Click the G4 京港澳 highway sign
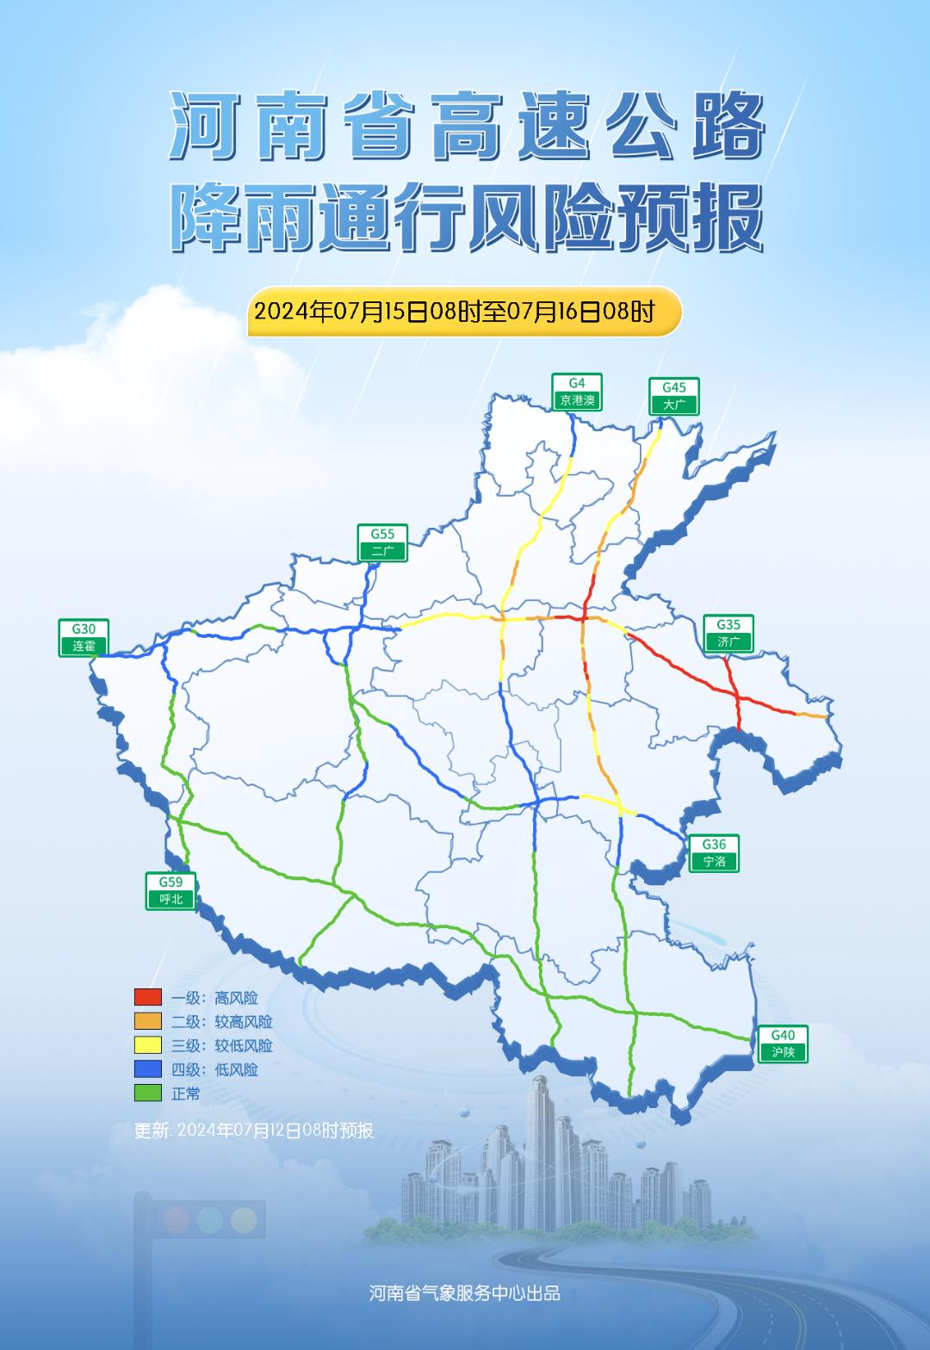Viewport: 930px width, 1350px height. [x=577, y=393]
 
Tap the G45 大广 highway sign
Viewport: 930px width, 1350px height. [x=674, y=397]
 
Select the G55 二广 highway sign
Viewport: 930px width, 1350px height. [x=382, y=543]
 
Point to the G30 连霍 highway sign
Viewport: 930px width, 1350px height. [x=84, y=638]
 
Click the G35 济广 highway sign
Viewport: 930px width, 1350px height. [x=728, y=634]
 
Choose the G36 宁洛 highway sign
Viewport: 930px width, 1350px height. [x=714, y=853]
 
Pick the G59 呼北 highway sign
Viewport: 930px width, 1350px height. [x=170, y=891]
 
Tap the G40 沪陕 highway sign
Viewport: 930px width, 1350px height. [x=783, y=1043]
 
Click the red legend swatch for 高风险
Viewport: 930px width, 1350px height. [x=148, y=997]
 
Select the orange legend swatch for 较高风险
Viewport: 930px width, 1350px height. [x=148, y=1021]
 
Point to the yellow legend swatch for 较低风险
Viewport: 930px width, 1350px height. [x=148, y=1045]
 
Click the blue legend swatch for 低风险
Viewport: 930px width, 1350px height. [x=148, y=1069]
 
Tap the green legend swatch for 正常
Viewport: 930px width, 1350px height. [x=148, y=1093]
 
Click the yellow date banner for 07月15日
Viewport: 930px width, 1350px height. [x=464, y=311]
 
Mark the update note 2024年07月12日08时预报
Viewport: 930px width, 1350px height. [x=254, y=1130]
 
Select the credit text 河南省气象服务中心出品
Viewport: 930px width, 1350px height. [x=465, y=1293]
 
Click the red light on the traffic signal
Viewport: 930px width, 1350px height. [x=176, y=1219]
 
